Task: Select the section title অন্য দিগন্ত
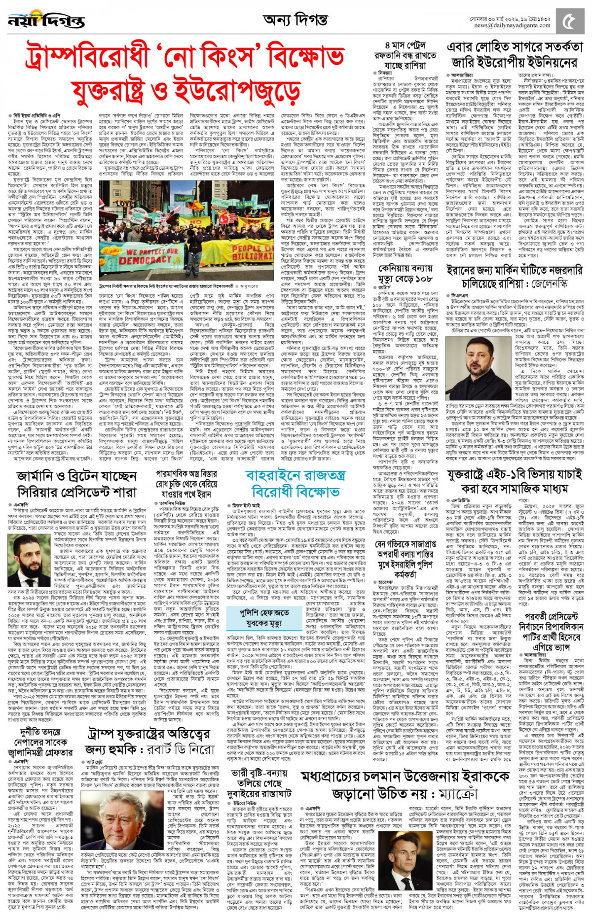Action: tap(295, 20)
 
